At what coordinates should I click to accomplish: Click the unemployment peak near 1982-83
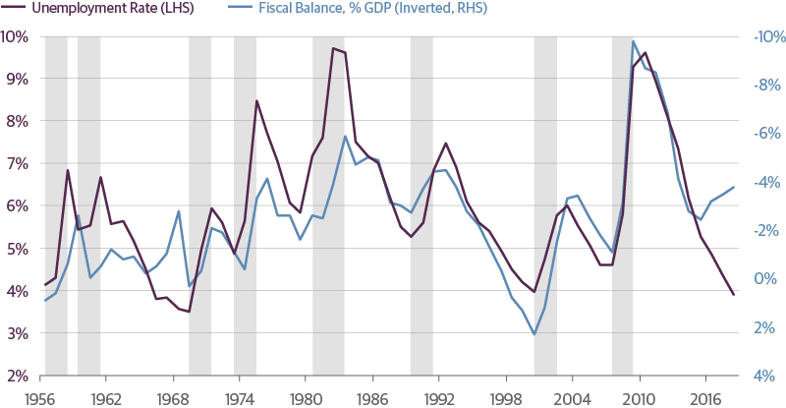334,48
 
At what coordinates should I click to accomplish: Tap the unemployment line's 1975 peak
256,100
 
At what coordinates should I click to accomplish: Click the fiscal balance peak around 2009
634,41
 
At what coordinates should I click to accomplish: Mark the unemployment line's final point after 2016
733,294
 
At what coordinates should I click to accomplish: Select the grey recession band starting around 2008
622,206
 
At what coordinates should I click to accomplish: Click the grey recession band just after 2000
544,206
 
